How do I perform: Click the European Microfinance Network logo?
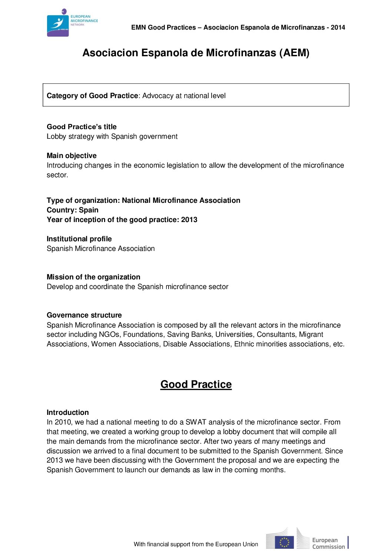72,23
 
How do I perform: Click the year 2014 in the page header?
338,27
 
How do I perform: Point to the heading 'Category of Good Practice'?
92,96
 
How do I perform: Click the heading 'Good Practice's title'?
82,127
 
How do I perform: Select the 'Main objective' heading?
72,156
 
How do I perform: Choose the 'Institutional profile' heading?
79,239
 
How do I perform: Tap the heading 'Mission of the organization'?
93,277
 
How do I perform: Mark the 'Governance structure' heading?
84,315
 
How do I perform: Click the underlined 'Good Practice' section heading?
196,385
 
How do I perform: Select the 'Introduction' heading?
67,413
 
